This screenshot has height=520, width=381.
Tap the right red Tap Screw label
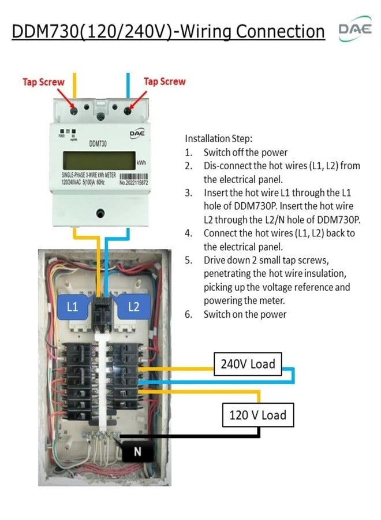165,81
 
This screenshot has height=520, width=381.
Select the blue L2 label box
133,306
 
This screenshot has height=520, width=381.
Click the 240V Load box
248,364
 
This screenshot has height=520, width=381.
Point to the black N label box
137,451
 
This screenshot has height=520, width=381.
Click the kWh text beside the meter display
142,163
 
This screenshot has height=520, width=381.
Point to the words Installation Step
219,139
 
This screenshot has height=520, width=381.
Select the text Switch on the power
245,314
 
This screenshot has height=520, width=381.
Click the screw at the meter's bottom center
101,213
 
